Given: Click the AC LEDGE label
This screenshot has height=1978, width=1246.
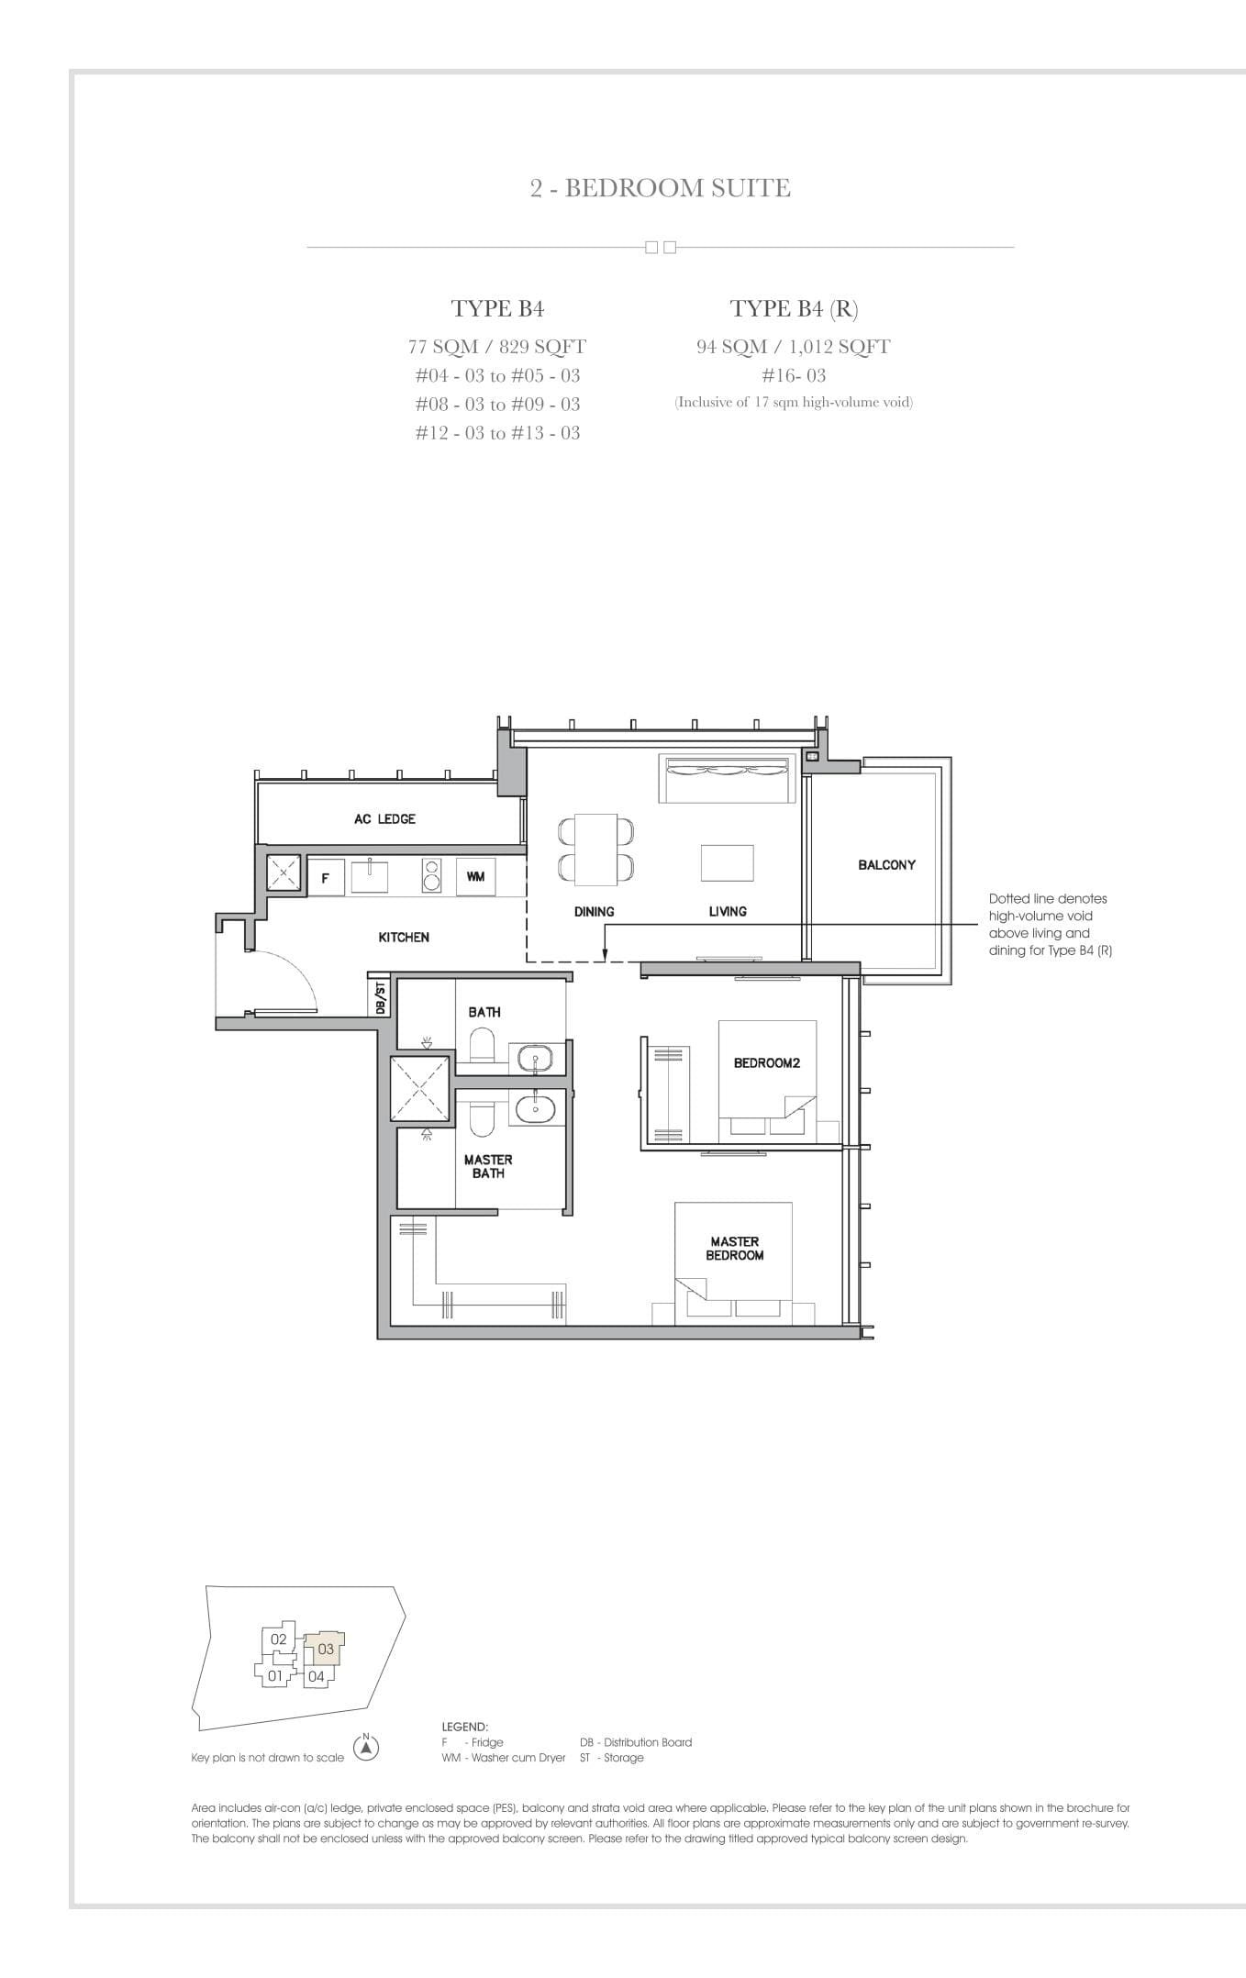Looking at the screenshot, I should click(384, 818).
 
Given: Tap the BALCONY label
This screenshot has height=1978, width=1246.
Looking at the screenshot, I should click(886, 864).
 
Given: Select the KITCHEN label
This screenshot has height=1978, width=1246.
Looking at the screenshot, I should click(404, 937).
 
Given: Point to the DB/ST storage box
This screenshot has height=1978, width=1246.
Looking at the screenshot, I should click(380, 997).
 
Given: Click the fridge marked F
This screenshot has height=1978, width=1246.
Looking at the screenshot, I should click(325, 878).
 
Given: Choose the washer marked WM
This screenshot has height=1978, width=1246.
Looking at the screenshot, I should click(475, 877).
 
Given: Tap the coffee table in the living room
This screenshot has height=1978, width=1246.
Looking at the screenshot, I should click(727, 863).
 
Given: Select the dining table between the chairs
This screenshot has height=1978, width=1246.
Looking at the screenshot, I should click(595, 850).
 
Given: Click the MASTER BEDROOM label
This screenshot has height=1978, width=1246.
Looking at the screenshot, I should click(734, 1248).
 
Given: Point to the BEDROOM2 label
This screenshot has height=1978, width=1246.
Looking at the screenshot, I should click(766, 1062).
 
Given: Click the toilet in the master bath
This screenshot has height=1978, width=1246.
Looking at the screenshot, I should click(481, 1118).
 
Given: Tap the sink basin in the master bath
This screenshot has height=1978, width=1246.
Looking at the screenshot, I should click(533, 1108).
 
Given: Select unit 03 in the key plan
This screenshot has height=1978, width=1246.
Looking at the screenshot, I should click(326, 1649).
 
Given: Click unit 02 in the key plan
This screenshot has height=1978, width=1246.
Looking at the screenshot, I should click(278, 1639).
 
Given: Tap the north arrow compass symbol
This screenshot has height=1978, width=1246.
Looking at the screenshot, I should click(366, 1748).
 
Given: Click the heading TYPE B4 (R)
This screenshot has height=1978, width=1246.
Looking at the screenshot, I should click(794, 308).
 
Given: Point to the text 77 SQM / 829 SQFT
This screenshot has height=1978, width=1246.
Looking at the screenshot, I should click(496, 347).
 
